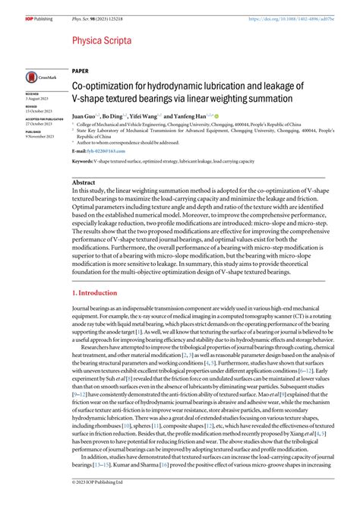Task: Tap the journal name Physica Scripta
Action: point(102,40)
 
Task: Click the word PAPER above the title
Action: point(81,71)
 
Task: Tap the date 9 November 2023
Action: point(41,136)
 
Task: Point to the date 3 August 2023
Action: point(38,100)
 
